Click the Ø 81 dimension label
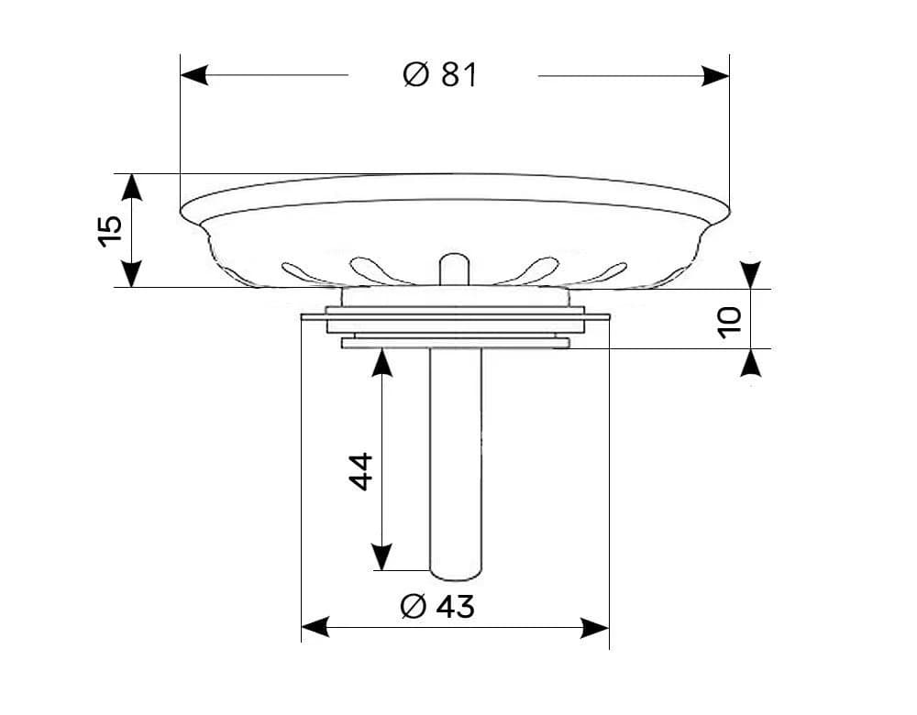click(440, 75)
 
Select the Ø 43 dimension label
click(437, 606)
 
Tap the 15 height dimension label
click(110, 231)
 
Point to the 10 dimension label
click(729, 322)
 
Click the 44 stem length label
click(360, 471)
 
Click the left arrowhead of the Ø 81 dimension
click(194, 75)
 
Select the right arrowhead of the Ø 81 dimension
click(715, 75)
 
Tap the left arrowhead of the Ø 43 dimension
click(315, 628)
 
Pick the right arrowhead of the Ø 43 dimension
click(595, 628)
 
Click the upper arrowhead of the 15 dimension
click(132, 188)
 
